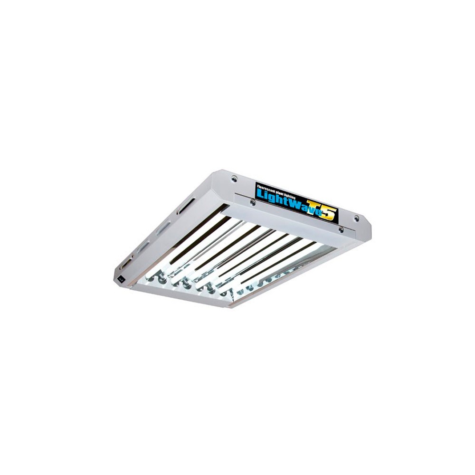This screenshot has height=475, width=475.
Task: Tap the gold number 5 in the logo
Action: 330,215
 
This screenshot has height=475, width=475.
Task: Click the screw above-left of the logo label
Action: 234,178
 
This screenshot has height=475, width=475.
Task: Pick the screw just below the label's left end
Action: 252,202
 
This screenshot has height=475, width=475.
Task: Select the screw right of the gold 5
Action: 356,218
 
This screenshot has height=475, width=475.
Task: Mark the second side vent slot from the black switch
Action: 143,246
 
